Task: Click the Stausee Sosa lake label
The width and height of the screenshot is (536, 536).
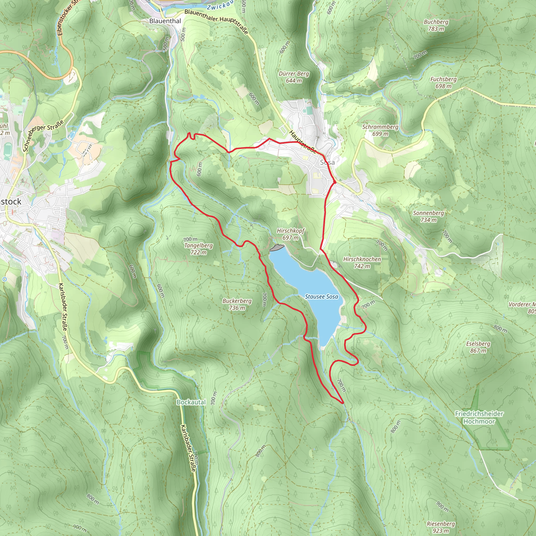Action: coord(322,297)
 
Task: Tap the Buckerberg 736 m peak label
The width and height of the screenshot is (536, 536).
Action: coord(237,304)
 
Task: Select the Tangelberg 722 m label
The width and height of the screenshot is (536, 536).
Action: coord(198,249)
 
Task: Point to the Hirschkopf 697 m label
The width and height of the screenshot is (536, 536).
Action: coord(291,234)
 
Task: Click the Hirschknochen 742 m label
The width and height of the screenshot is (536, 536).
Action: coord(362,263)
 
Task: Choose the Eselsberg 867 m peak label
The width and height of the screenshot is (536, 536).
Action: coord(478,347)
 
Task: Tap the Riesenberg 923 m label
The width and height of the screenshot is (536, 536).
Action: coord(441,527)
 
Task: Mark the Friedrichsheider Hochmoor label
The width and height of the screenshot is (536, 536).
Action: coord(479,417)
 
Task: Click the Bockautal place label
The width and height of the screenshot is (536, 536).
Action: coord(191,402)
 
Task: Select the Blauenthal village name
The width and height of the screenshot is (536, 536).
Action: coord(165,21)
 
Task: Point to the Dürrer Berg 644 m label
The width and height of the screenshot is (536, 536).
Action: coord(294,77)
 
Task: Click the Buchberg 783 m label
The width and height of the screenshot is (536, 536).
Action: coord(436,25)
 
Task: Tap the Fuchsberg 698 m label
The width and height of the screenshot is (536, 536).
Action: coord(443,82)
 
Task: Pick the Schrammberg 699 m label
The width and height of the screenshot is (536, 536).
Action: coord(380,130)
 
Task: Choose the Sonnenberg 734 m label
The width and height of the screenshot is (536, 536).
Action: coord(428,216)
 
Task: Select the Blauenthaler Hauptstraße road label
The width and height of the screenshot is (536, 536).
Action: coord(216,21)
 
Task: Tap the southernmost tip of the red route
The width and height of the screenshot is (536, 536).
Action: coord(343,403)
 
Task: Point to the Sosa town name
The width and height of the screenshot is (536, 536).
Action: coord(327,162)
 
